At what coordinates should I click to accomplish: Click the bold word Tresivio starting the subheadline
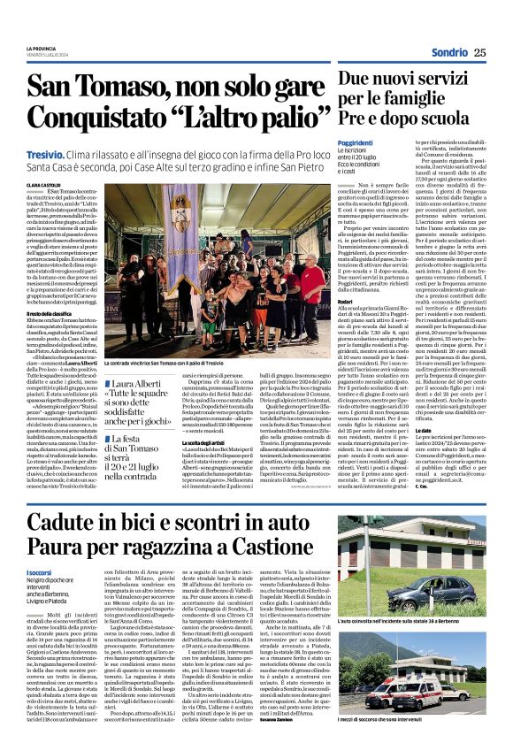point(44,154)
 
